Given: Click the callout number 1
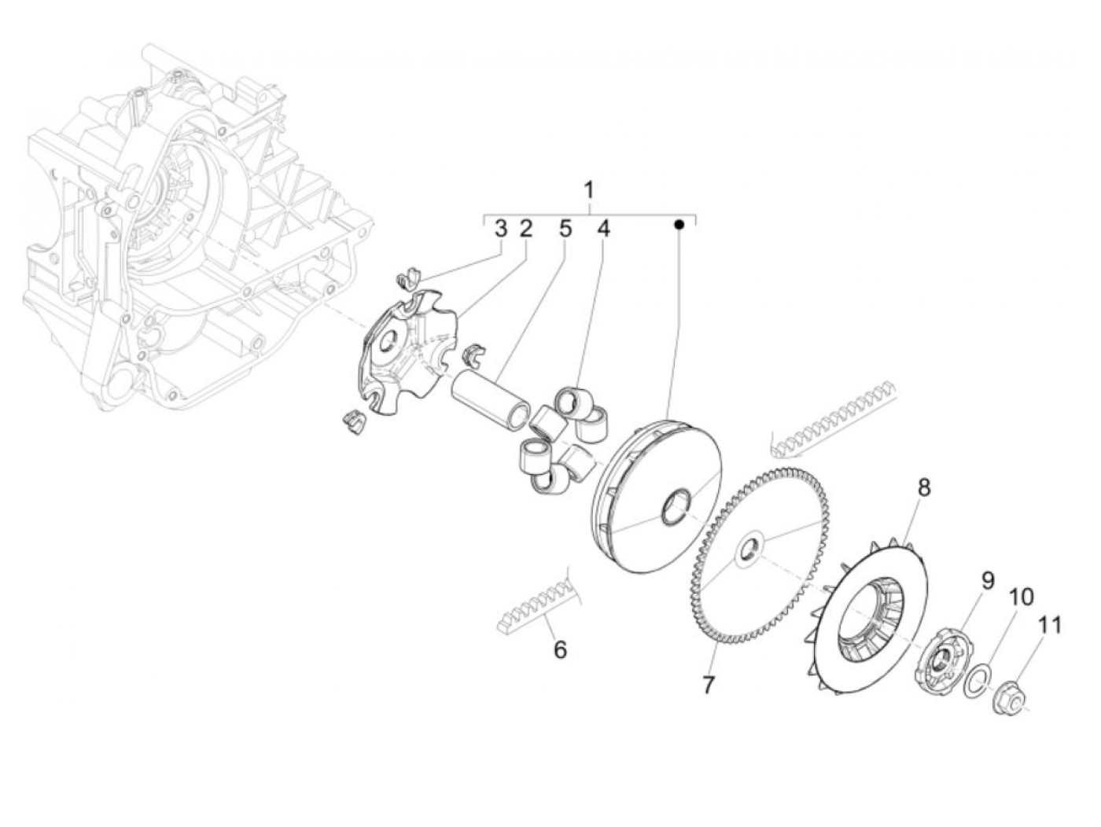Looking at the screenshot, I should [588, 190].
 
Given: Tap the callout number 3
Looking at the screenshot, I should [501, 229].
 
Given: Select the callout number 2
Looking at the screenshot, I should [525, 229].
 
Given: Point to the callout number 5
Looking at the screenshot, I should [565, 229].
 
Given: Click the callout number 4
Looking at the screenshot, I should [602, 229].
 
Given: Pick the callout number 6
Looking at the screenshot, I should [560, 650].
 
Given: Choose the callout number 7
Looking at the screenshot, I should [708, 684].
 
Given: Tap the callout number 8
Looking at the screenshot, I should [923, 487].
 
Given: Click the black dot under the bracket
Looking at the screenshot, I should [680, 225].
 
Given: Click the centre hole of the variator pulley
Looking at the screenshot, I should [679, 507].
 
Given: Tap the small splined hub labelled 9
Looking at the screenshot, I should [940, 660].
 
